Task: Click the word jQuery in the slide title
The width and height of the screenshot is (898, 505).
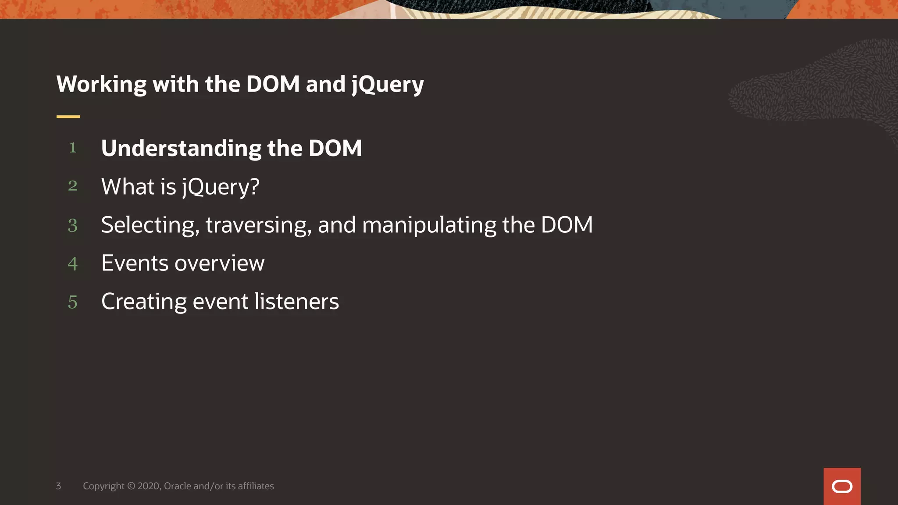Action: [388, 85]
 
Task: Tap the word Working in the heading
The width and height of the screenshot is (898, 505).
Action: [101, 85]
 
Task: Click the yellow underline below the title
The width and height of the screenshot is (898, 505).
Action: [68, 117]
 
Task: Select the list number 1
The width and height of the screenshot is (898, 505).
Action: [73, 148]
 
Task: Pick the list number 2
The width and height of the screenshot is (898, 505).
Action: [73, 186]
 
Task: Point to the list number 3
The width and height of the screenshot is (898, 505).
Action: [73, 225]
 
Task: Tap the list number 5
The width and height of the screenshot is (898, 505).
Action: [73, 302]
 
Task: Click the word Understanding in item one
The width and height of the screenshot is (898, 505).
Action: [181, 149]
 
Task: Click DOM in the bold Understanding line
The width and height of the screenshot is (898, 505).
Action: [335, 149]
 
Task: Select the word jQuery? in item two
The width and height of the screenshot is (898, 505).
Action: [221, 187]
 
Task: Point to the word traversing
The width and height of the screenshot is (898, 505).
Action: [258, 225]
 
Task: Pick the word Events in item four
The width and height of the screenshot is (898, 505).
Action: [135, 263]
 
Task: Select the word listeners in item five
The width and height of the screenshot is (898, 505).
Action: [296, 302]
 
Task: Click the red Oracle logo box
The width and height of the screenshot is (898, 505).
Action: [842, 486]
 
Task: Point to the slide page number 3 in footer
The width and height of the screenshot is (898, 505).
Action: [58, 486]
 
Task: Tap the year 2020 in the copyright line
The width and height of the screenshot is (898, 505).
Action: [149, 486]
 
